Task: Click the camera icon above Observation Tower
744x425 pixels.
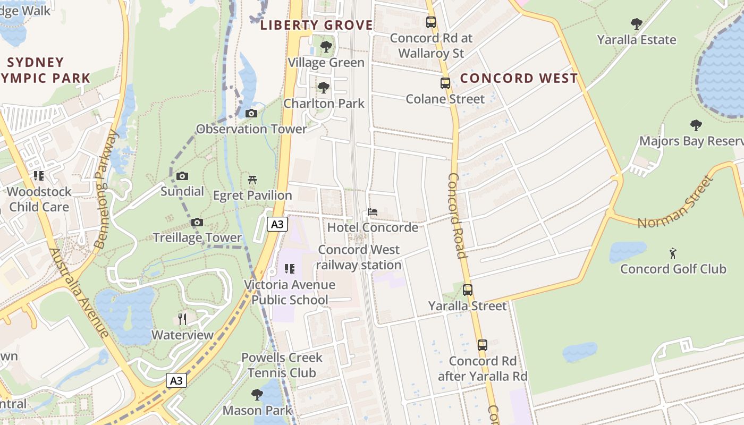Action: coord(251,113)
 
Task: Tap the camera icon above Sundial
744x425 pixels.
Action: coord(182,176)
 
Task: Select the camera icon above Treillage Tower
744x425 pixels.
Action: coord(197,222)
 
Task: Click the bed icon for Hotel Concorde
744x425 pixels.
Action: coord(373,212)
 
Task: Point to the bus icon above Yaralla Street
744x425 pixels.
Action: coord(468,290)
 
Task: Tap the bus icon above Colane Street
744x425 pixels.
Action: coord(445,83)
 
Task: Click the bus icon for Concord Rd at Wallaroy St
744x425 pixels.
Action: coord(431,22)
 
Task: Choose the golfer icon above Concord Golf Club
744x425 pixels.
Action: coord(673,253)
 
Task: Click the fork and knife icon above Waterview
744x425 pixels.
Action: coord(182,319)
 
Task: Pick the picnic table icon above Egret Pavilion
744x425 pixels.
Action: coord(252,180)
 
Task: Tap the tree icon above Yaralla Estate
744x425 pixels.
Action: coord(636,24)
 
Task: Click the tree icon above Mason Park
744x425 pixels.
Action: coord(257,394)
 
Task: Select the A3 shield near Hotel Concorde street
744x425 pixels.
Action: coord(277,224)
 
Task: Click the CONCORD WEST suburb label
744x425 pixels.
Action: coord(519,78)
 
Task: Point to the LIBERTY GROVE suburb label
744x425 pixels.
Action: coord(317,25)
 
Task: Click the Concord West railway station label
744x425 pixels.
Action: coord(359,257)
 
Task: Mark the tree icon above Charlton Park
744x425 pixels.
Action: coord(323,88)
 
